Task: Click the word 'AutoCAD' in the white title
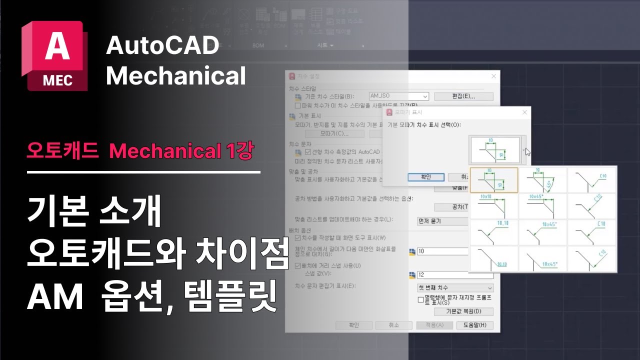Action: point(162,46)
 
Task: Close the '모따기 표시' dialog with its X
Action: point(524,112)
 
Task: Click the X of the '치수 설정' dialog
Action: point(494,76)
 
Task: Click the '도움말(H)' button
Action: point(474,325)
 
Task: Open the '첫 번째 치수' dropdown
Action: point(455,288)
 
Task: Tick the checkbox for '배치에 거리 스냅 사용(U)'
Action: point(298,265)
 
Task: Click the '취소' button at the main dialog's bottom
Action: point(393,325)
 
